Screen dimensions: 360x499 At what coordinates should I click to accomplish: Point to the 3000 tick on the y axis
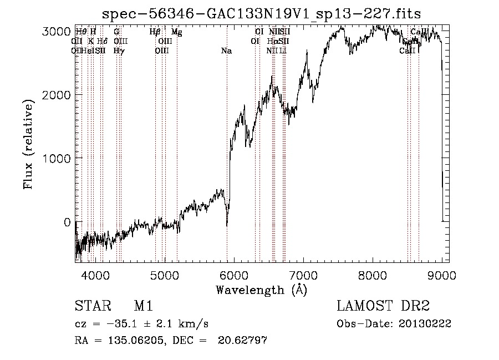click(x=58, y=32)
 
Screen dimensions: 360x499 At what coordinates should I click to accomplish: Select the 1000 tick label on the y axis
click(x=58, y=159)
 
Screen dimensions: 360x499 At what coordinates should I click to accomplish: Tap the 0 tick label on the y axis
click(x=67, y=222)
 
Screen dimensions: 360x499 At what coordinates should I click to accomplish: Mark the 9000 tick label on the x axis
click(x=442, y=274)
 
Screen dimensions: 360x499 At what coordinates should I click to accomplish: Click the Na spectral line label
click(x=226, y=51)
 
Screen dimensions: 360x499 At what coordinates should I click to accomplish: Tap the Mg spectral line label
click(x=176, y=32)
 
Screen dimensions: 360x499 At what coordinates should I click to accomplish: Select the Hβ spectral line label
click(x=155, y=32)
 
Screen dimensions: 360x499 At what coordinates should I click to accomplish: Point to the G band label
click(x=116, y=32)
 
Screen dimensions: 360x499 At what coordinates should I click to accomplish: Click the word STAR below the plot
click(x=89, y=307)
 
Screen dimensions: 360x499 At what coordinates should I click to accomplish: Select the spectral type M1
click(x=143, y=307)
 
